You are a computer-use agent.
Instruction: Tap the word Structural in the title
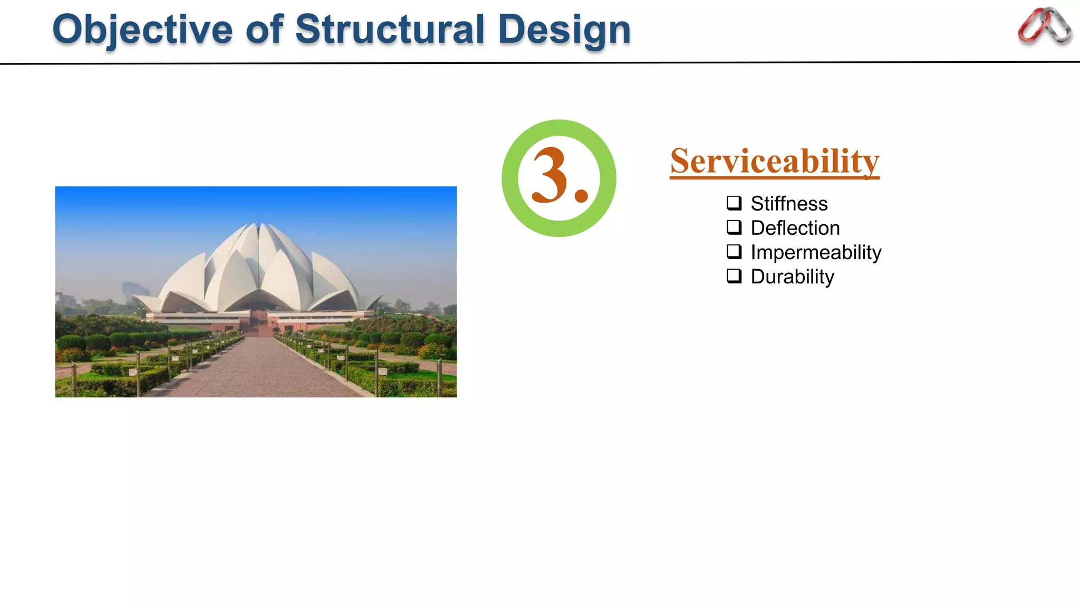pos(390,30)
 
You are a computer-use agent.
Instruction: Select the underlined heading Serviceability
pos(774,161)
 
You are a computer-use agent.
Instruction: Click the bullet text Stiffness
pos(789,204)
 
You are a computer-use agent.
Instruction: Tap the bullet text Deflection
pos(795,228)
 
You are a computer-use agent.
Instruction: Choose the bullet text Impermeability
pos(815,252)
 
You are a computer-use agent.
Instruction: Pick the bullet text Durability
pos(792,277)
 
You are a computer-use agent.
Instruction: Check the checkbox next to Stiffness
pos(734,203)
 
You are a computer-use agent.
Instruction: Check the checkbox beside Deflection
pos(734,227)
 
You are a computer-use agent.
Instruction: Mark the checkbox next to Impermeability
pos(734,251)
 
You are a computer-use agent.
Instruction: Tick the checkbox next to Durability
pos(734,275)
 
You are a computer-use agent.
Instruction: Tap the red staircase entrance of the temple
pos(258,324)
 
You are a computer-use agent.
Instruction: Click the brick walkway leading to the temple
pos(258,369)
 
